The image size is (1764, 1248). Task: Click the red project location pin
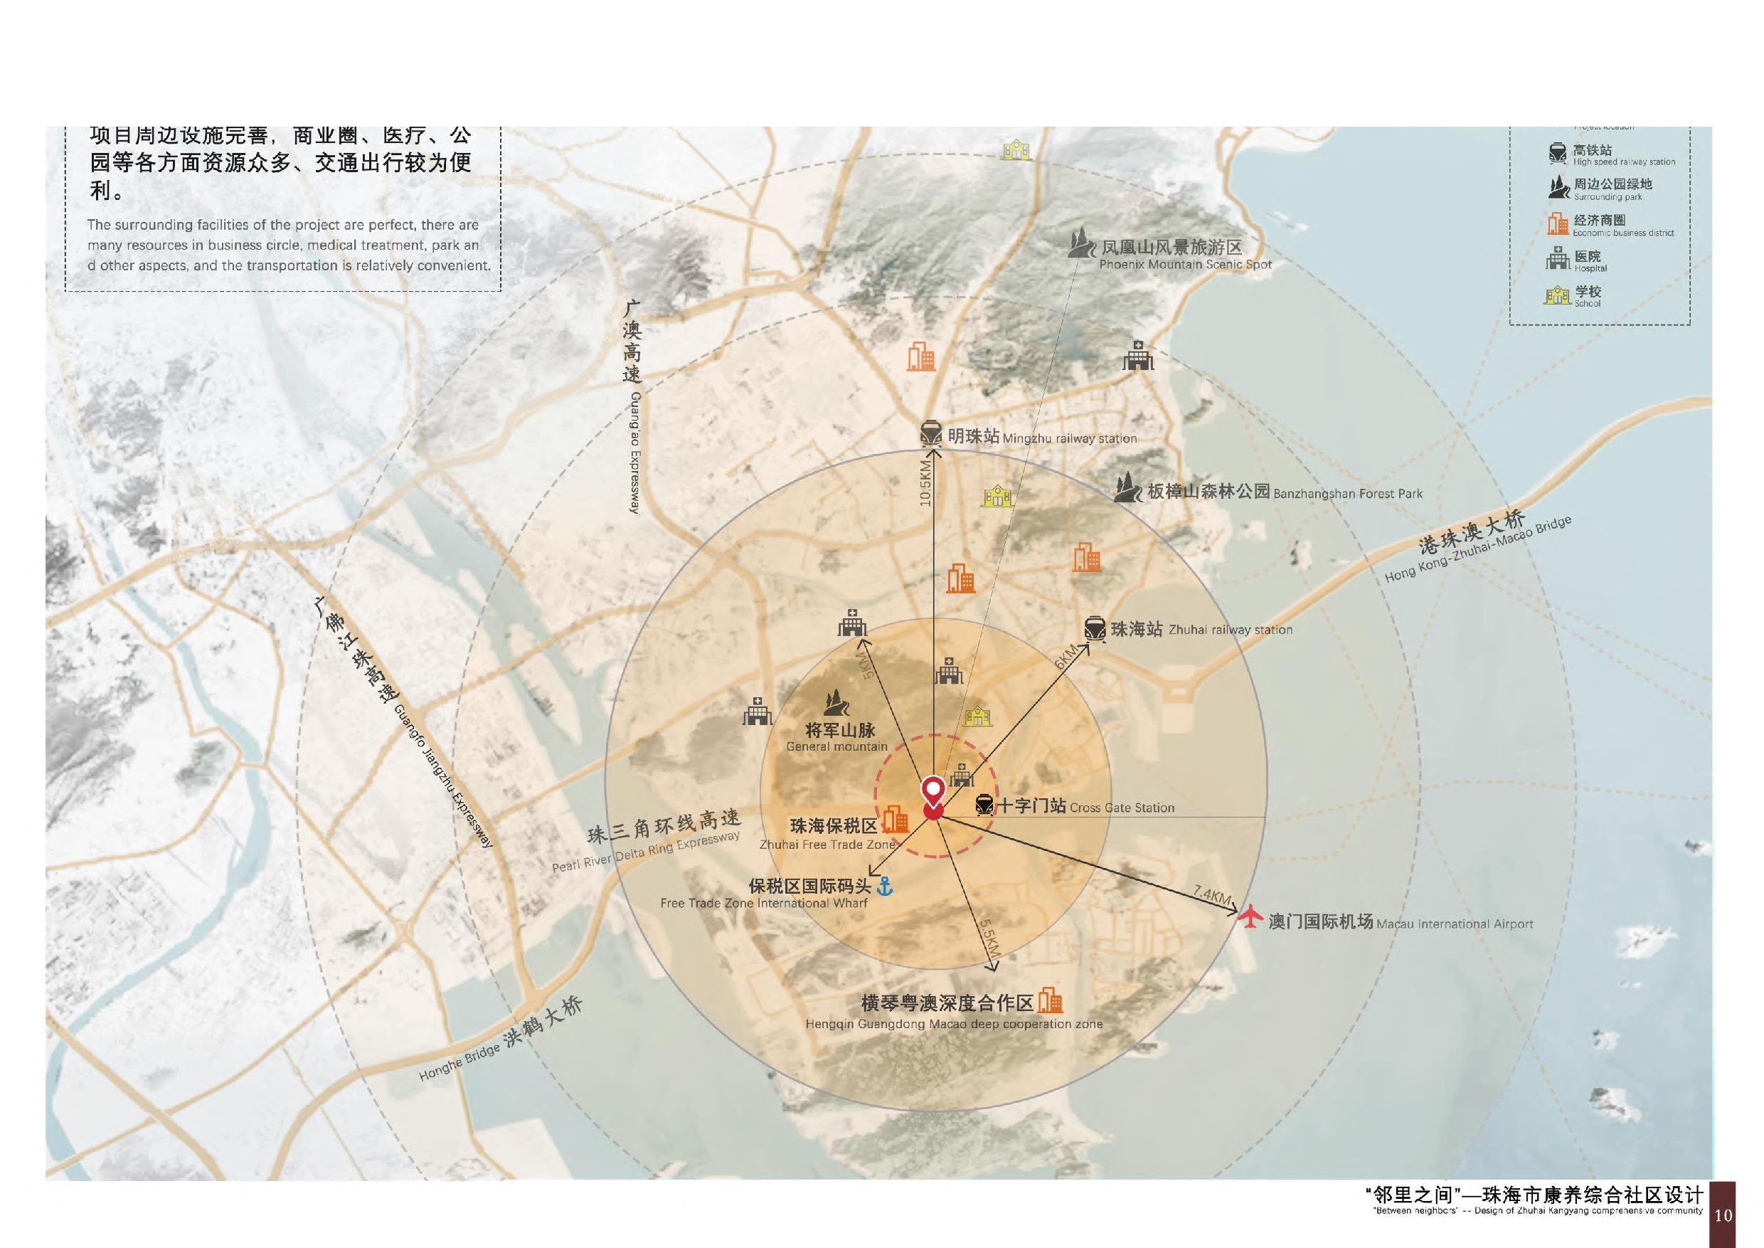pyautogui.click(x=933, y=794)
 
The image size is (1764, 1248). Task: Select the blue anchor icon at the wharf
pyautogui.click(x=885, y=886)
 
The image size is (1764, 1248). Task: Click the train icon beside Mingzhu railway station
pyautogui.click(x=931, y=434)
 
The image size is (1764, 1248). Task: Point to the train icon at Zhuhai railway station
pyautogui.click(x=1095, y=628)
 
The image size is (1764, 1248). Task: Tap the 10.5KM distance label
pyautogui.click(x=926, y=482)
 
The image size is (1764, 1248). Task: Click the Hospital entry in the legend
pyautogui.click(x=1588, y=261)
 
